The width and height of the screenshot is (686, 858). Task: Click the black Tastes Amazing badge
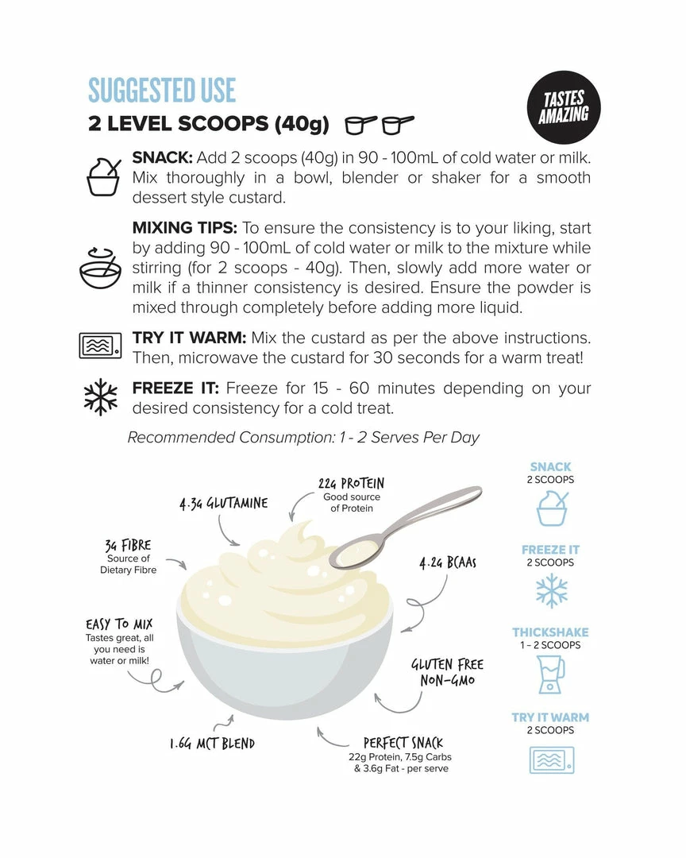(564, 107)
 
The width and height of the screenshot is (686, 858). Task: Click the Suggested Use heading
(162, 90)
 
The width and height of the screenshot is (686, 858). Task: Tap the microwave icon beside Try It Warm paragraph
(101, 346)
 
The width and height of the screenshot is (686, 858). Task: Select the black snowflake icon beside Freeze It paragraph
(101, 397)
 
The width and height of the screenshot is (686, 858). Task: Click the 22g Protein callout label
(351, 483)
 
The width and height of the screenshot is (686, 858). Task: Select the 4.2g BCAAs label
(448, 563)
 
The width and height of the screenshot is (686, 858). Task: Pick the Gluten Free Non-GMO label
(447, 672)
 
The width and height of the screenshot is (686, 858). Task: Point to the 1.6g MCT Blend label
(212, 744)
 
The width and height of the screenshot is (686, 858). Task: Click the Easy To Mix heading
(119, 625)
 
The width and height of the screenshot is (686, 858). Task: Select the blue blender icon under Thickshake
(551, 674)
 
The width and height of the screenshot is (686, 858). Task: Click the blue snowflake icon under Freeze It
(551, 590)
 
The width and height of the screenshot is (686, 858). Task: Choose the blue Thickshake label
(550, 632)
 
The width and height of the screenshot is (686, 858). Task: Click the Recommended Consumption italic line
(303, 438)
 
